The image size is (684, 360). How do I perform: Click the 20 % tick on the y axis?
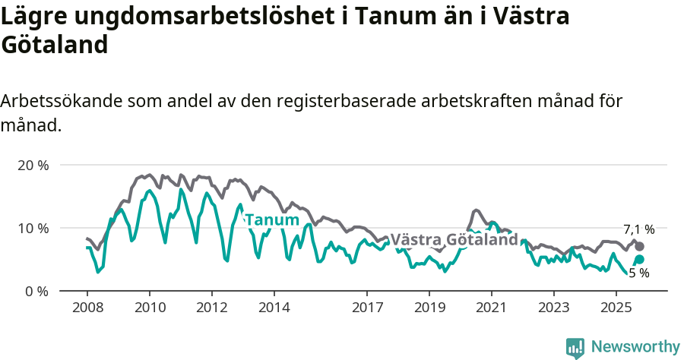click(x=32, y=165)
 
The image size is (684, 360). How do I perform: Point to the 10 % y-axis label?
click(x=32, y=228)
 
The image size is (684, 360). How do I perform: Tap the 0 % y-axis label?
click(x=36, y=291)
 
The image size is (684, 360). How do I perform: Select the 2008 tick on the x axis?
click(x=87, y=308)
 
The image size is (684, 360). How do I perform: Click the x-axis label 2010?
click(x=149, y=308)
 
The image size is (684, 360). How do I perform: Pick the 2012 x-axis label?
click(x=211, y=308)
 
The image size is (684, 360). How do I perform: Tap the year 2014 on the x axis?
click(x=274, y=308)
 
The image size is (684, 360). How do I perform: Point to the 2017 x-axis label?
click(x=367, y=308)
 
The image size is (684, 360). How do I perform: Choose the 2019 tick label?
click(x=429, y=308)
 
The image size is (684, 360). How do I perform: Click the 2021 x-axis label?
click(x=492, y=308)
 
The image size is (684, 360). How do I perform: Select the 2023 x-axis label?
click(x=554, y=308)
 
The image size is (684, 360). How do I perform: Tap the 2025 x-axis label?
click(x=616, y=308)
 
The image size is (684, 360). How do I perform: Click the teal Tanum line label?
click(x=272, y=220)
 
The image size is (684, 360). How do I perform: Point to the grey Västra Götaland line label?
click(x=454, y=240)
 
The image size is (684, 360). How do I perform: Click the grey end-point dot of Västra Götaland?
click(x=640, y=246)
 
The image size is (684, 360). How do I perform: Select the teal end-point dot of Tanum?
click(x=640, y=260)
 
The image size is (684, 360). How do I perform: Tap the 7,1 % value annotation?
click(x=638, y=229)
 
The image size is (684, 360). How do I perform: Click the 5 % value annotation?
click(x=638, y=273)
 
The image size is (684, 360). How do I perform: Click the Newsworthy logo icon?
click(x=575, y=347)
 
